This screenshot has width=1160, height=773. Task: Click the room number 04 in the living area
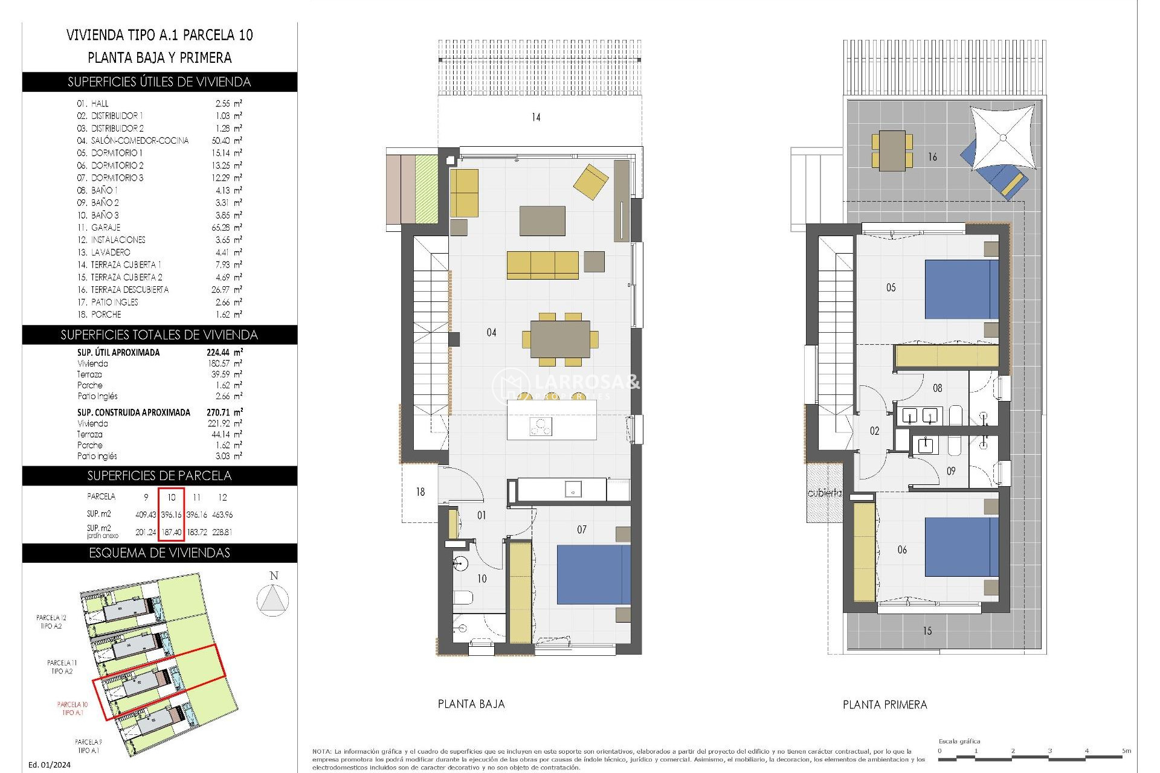click(491, 332)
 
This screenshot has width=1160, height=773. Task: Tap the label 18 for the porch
click(420, 492)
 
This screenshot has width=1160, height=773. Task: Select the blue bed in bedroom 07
click(593, 574)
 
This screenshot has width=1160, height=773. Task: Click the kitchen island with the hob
click(551, 420)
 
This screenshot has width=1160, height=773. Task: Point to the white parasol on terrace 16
click(1002, 138)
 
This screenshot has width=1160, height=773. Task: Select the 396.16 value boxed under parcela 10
click(172, 515)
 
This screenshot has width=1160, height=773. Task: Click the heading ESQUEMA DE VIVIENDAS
click(159, 553)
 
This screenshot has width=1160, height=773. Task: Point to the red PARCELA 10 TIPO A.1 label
click(72, 708)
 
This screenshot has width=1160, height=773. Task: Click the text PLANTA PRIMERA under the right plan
click(884, 705)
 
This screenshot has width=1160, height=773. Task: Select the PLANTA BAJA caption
click(471, 704)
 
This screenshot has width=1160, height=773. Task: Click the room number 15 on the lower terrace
click(927, 631)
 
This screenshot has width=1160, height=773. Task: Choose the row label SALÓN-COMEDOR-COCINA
click(140, 141)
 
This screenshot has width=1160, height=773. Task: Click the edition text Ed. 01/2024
click(50, 765)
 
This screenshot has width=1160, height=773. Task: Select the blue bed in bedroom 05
click(961, 289)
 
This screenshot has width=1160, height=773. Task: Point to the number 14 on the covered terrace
click(536, 117)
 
